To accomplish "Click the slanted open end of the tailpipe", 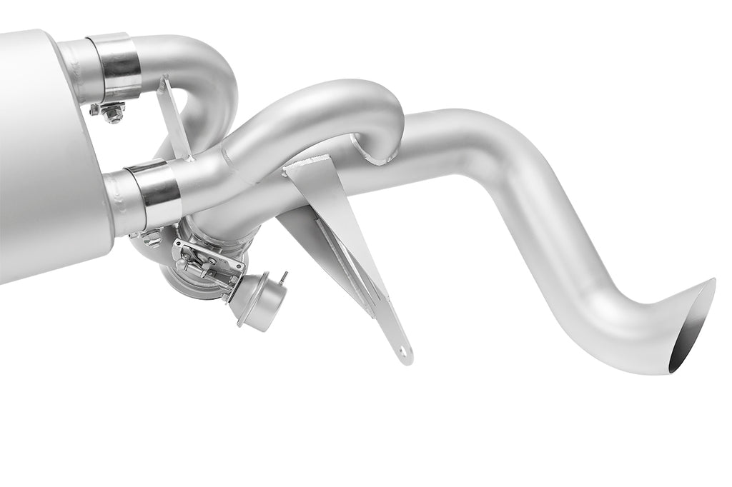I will [692, 326].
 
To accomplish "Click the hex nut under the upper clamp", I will [112, 112].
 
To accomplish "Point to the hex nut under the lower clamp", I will [152, 237].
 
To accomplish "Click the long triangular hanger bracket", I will [343, 236].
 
